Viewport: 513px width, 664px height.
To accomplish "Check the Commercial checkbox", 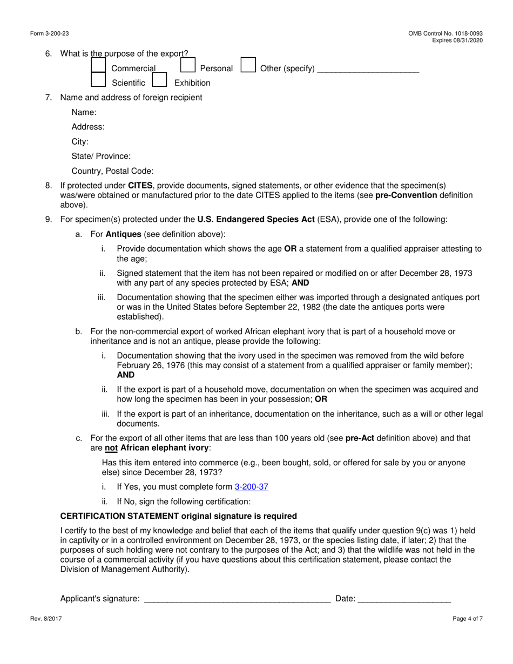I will pyautogui.click(x=98, y=65).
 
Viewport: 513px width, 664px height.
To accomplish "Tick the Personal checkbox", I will pyautogui.click(x=187, y=65).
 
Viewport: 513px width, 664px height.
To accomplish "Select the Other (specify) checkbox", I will pyautogui.click(x=248, y=65).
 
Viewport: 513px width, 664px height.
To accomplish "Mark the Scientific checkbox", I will pyautogui.click(x=98, y=80).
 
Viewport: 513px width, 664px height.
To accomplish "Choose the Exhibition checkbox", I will pyautogui.click(x=159, y=80).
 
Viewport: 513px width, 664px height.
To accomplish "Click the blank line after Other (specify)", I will pyautogui.click(x=368, y=69).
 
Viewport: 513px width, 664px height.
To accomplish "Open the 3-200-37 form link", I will pyautogui.click(x=251, y=487).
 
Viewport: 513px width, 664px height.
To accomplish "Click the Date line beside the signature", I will pyautogui.click(x=404, y=598).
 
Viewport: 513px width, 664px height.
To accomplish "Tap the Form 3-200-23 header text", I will pyautogui.click(x=50, y=33).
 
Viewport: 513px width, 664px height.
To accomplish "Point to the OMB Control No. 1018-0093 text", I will pyautogui.click(x=446, y=33).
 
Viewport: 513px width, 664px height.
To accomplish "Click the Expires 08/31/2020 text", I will pyautogui.click(x=457, y=40).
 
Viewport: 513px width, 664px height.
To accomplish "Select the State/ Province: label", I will pyautogui.click(x=101, y=157).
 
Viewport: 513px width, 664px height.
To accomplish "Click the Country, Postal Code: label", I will pyautogui.click(x=112, y=171).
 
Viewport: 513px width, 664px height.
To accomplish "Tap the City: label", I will pyautogui.click(x=80, y=142).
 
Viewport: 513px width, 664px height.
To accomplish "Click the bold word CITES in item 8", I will pyautogui.click(x=140, y=186).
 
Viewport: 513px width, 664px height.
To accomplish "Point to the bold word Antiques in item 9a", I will pyautogui.click(x=123, y=234).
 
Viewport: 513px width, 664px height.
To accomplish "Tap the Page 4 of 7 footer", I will pyautogui.click(x=468, y=619).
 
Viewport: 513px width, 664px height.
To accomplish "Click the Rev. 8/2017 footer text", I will pyautogui.click(x=46, y=619).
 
